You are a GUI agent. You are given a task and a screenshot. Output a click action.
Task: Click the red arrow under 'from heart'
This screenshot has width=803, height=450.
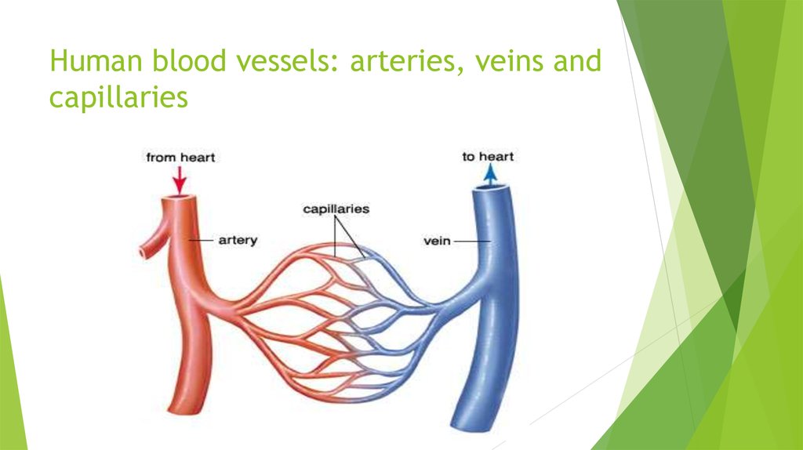pyautogui.click(x=180, y=180)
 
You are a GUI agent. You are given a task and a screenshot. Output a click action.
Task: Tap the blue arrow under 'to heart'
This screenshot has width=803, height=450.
pyautogui.click(x=490, y=175)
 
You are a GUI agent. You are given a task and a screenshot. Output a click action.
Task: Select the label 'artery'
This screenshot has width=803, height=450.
pyautogui.click(x=238, y=240)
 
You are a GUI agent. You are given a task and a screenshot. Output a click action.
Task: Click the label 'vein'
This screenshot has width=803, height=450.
pyautogui.click(x=437, y=241)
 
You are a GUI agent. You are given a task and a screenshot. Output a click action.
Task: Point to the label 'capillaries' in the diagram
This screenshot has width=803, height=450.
pyautogui.click(x=336, y=209)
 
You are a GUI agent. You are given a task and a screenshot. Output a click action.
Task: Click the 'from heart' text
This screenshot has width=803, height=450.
pyautogui.click(x=180, y=157)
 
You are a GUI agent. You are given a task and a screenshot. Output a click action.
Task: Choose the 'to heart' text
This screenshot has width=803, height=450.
pyautogui.click(x=488, y=156)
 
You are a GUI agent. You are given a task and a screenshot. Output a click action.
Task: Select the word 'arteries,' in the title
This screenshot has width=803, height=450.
pyautogui.click(x=407, y=61)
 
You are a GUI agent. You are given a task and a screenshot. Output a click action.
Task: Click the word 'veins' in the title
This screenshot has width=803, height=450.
pyautogui.click(x=508, y=61)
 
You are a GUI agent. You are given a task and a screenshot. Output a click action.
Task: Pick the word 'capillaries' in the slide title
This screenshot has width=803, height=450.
pyautogui.click(x=119, y=96)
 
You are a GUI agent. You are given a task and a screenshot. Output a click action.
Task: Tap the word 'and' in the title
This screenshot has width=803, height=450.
pyautogui.click(x=577, y=60)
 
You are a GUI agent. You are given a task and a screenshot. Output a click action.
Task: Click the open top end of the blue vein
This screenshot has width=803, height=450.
pyautogui.click(x=491, y=188)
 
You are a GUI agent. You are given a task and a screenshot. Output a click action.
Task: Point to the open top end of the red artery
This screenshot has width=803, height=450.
pyautogui.click(x=179, y=198)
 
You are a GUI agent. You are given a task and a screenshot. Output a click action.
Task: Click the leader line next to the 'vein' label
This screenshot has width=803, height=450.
pyautogui.click(x=472, y=241)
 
